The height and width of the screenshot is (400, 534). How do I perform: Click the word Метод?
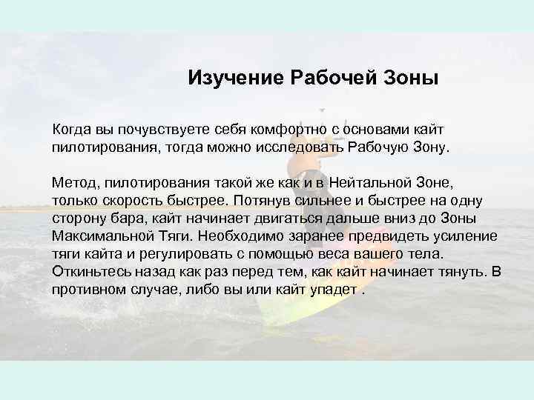tap(75, 181)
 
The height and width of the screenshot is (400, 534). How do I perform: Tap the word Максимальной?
tap(107, 236)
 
